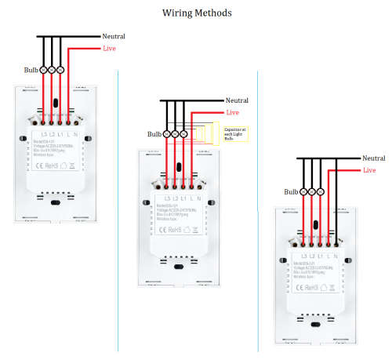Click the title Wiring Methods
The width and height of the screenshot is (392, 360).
(196, 13)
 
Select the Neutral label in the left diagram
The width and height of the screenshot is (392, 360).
(114, 36)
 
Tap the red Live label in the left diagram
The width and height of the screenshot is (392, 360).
(111, 49)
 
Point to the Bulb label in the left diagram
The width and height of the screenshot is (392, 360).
(30, 70)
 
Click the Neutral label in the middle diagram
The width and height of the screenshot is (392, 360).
(237, 100)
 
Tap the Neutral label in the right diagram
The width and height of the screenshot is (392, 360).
(374, 158)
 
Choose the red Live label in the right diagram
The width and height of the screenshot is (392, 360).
(369, 170)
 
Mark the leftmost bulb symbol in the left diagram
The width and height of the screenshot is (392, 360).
(42, 70)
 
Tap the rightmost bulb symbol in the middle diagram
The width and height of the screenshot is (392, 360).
(183, 134)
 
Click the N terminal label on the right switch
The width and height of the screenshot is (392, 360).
(336, 256)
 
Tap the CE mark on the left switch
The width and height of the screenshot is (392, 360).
(42, 166)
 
